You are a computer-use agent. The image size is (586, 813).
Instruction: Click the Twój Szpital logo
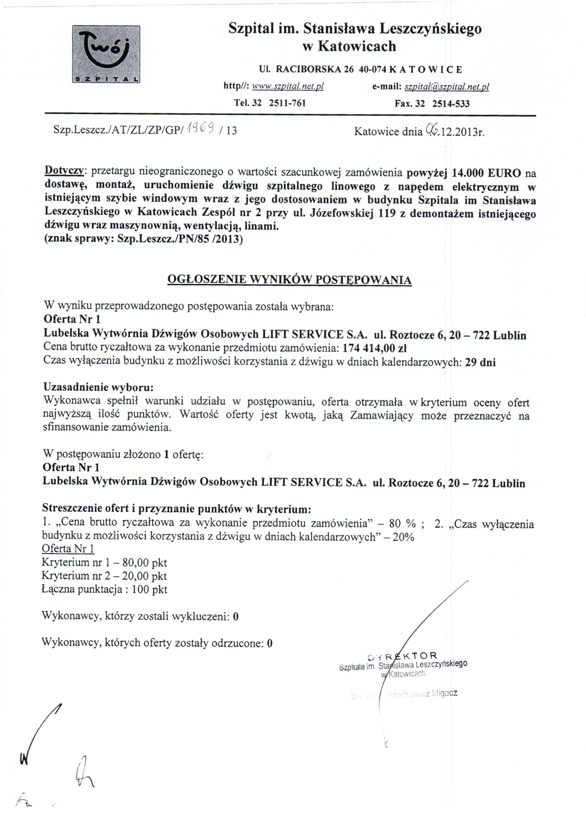(106, 54)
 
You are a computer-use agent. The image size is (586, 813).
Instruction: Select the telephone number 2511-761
(287, 103)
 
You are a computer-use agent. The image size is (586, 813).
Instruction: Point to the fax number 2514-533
(451, 104)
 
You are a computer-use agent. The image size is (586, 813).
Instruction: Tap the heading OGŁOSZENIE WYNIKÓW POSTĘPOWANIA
(289, 280)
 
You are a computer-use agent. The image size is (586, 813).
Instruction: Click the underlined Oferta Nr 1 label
(68, 549)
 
